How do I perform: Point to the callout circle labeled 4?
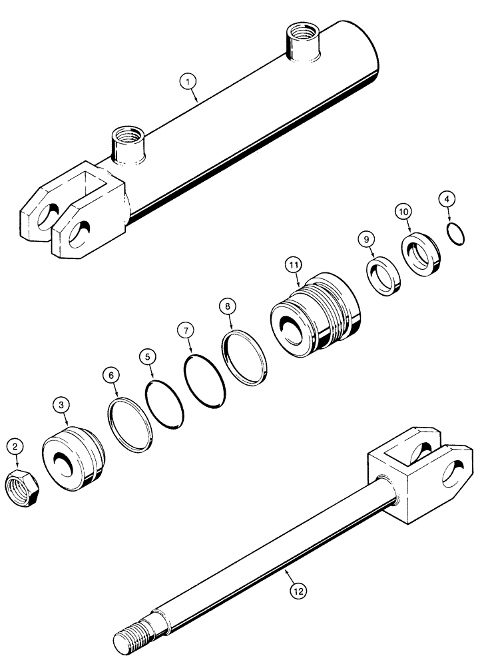point(447,199)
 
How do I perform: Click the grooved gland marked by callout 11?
point(317,312)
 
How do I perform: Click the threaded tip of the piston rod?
point(130,639)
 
